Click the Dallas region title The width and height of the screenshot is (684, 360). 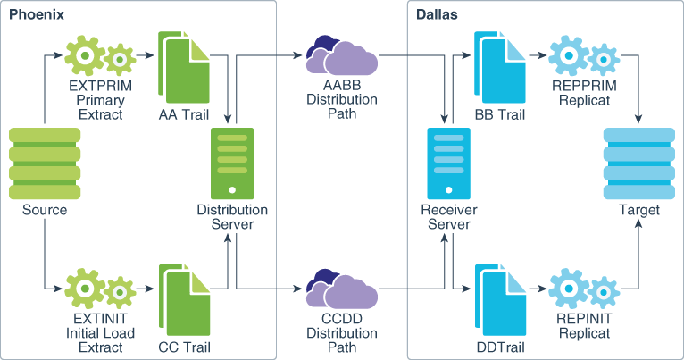pyautogui.click(x=437, y=15)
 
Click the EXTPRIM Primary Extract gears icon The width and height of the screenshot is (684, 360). pyautogui.click(x=99, y=55)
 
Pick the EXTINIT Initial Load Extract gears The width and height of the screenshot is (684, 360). pyautogui.click(x=99, y=287)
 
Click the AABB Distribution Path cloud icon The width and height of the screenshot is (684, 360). pyautogui.click(x=342, y=56)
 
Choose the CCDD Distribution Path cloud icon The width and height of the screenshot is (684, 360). pyautogui.click(x=342, y=288)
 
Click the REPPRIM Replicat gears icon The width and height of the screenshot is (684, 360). pyautogui.click(x=583, y=56)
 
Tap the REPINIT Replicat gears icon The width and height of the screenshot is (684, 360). pyautogui.click(x=583, y=288)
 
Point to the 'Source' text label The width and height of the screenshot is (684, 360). pyautogui.click(x=45, y=211)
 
